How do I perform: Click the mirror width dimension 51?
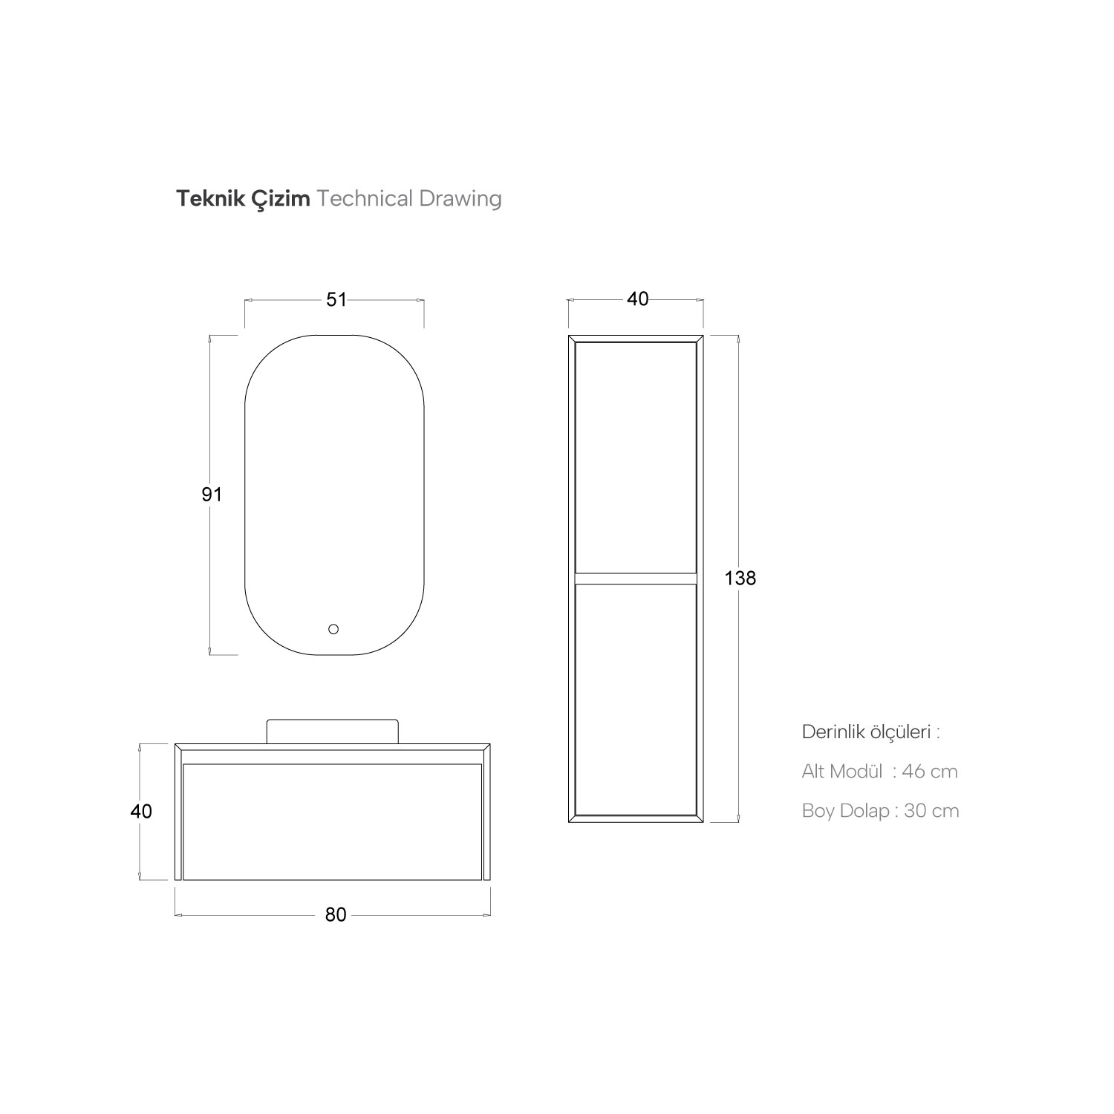[336, 299]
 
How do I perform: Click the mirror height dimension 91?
[212, 494]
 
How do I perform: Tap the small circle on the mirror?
[333, 630]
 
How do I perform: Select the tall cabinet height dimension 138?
[740, 578]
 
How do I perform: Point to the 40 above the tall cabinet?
[637, 299]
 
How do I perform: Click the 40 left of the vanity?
[141, 811]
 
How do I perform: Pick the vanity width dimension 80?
[336, 915]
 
